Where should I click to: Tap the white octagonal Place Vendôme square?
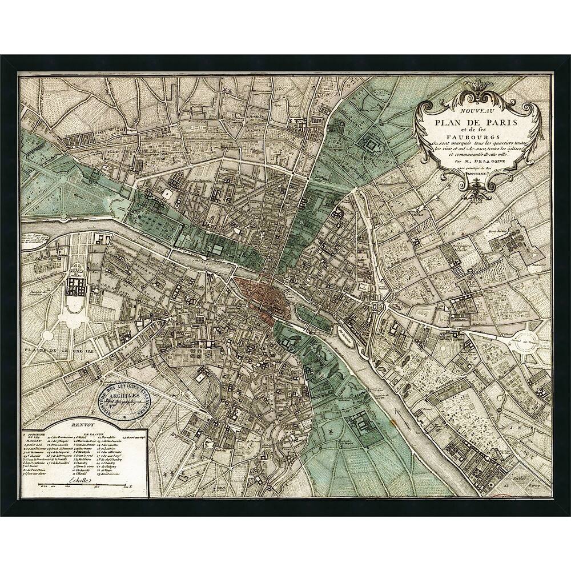167,194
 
